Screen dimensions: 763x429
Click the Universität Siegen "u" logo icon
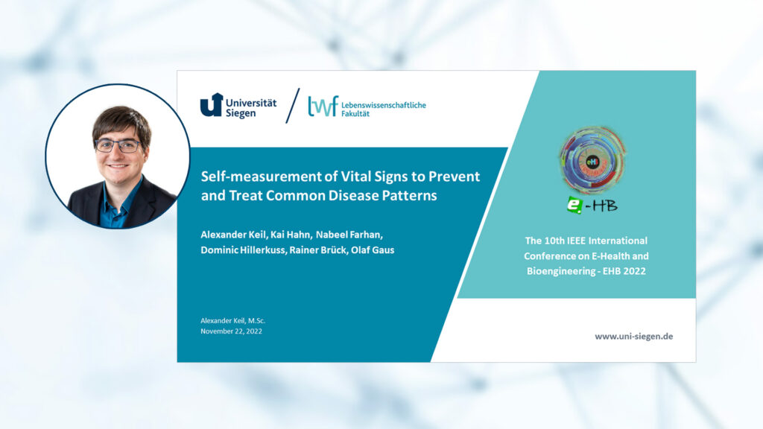(212, 104)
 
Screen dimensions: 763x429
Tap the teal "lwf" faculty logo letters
(323, 107)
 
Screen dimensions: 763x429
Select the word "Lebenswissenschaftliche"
(384, 105)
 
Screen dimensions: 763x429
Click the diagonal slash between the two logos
(292, 106)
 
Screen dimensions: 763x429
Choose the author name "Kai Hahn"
(291, 235)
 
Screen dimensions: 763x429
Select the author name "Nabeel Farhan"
(349, 235)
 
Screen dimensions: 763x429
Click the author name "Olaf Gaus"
(373, 250)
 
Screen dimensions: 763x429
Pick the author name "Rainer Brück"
(319, 250)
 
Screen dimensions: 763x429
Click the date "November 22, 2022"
(231, 331)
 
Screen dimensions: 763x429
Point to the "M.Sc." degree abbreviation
(256, 320)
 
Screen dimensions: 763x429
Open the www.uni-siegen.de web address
(633, 336)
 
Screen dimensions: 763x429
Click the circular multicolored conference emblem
(592, 160)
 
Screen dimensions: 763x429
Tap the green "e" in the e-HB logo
(574, 205)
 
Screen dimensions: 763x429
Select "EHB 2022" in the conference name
(624, 271)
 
